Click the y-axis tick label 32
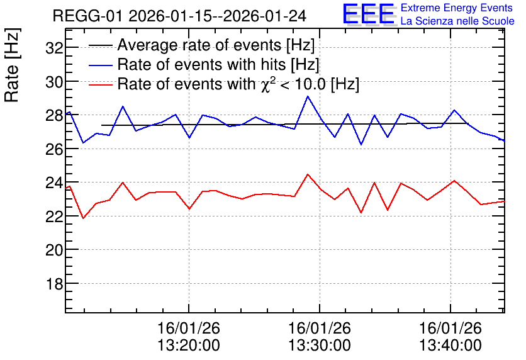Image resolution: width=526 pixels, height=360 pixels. tap(55, 48)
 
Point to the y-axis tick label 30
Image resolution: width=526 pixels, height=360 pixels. tap(55, 82)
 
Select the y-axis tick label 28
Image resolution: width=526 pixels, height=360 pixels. tap(55, 115)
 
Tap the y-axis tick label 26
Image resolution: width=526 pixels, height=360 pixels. tap(55, 149)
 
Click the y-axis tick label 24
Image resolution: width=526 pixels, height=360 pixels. tap(55, 183)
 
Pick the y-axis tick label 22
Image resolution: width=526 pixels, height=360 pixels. tap(55, 217)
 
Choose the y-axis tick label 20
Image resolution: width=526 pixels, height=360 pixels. tap(55, 250)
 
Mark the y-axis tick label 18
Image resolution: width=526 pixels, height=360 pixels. tap(55, 284)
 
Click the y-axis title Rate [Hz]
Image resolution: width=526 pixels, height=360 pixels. tap(12, 65)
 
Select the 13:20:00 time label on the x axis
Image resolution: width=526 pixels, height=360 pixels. tap(189, 345)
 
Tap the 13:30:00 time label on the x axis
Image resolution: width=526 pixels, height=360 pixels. tap(320, 345)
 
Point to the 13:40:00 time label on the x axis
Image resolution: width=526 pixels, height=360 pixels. tap(450, 345)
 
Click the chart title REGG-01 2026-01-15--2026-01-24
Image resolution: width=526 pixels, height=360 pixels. tap(179, 16)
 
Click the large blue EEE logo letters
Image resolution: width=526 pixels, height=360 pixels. tap(369, 14)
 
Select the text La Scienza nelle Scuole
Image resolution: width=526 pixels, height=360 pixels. tap(457, 21)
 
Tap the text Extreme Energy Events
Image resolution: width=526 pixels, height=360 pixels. tap(457, 8)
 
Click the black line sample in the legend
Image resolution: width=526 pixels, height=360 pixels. tap(100, 45)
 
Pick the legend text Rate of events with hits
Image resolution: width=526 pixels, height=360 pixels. tap(203, 64)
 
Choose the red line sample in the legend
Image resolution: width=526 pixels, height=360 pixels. tap(100, 84)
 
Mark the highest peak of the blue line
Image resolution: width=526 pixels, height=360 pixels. tap(307, 96)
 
